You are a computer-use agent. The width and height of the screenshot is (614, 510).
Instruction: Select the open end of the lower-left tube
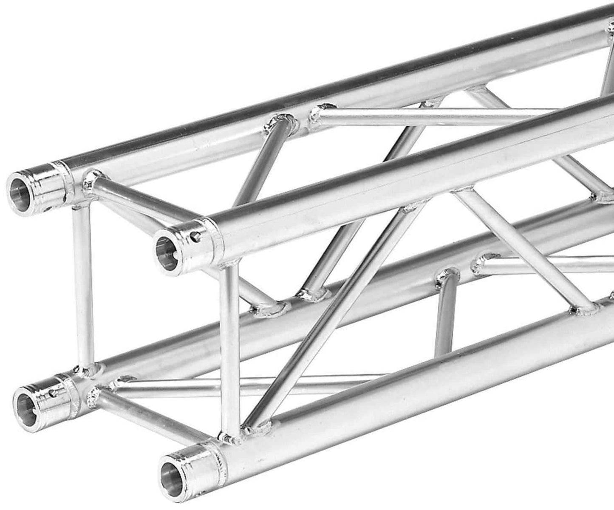point(25,408)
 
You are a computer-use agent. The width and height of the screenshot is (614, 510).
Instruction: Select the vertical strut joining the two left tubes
point(83,285)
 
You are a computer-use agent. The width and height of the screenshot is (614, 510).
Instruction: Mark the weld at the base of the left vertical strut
point(85,369)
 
